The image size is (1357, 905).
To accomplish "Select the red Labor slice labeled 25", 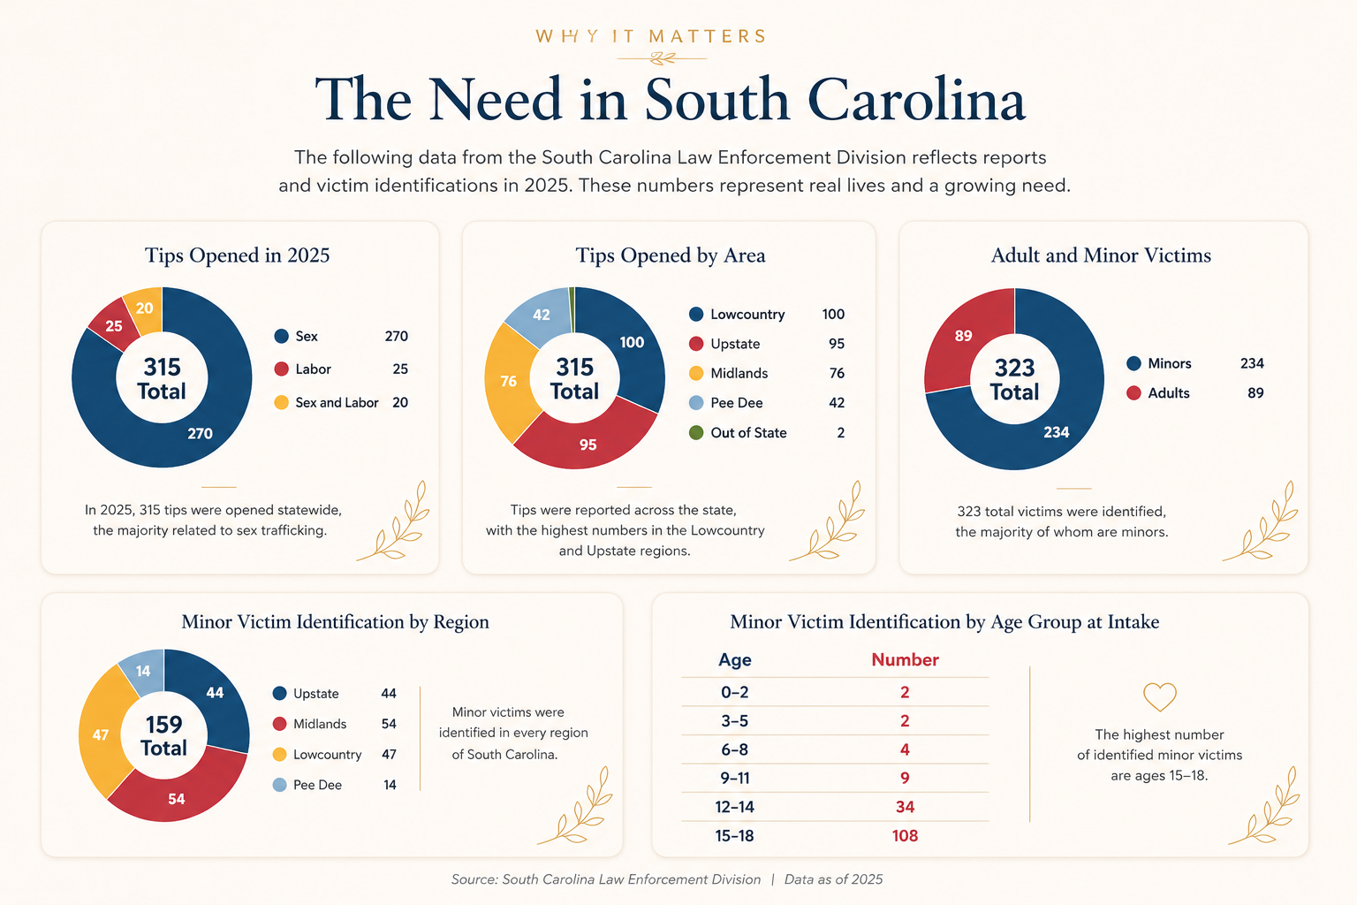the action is [x=115, y=325].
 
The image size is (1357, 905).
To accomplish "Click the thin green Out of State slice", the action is [x=572, y=309].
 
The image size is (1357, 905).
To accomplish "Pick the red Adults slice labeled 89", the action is [x=963, y=337].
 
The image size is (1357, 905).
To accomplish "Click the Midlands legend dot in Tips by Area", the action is [x=696, y=373].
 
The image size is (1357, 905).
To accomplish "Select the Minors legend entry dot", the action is [x=1133, y=364].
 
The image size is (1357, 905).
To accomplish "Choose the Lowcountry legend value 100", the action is [x=833, y=315].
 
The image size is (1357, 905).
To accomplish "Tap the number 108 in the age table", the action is [x=905, y=836].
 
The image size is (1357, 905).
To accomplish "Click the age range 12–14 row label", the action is [x=734, y=807].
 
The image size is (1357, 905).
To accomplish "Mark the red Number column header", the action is [x=905, y=659].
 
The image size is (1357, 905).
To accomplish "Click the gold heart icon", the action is [x=1159, y=697].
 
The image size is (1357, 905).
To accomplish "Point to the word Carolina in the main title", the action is [x=916, y=99].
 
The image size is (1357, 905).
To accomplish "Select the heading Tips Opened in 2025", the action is [x=237, y=255].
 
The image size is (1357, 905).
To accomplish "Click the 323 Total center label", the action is [x=1015, y=380].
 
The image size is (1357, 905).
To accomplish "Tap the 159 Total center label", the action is [x=163, y=736].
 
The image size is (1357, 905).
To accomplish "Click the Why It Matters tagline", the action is [x=651, y=36].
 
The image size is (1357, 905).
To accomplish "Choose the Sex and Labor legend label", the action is [x=337, y=402].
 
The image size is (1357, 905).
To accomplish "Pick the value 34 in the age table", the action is [x=905, y=807].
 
